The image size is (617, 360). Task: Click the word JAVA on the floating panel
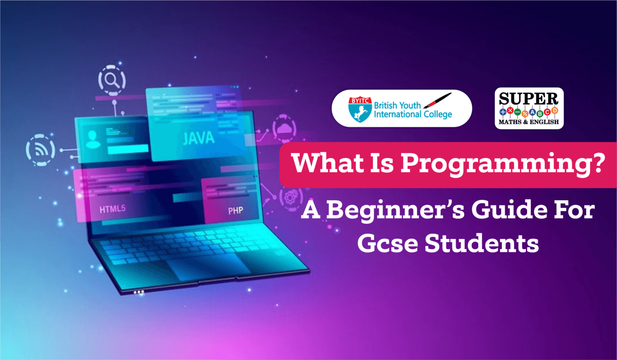click(198, 138)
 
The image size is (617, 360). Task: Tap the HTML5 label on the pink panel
click(112, 209)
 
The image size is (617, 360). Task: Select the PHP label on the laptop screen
click(235, 211)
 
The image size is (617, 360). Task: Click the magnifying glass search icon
click(112, 80)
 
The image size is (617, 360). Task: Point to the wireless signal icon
click(41, 150)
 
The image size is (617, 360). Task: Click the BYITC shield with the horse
click(360, 109)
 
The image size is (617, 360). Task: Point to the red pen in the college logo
click(437, 100)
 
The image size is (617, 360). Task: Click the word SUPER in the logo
click(529, 99)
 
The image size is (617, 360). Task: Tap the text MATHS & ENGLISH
click(529, 122)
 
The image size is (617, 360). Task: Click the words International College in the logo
click(413, 115)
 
